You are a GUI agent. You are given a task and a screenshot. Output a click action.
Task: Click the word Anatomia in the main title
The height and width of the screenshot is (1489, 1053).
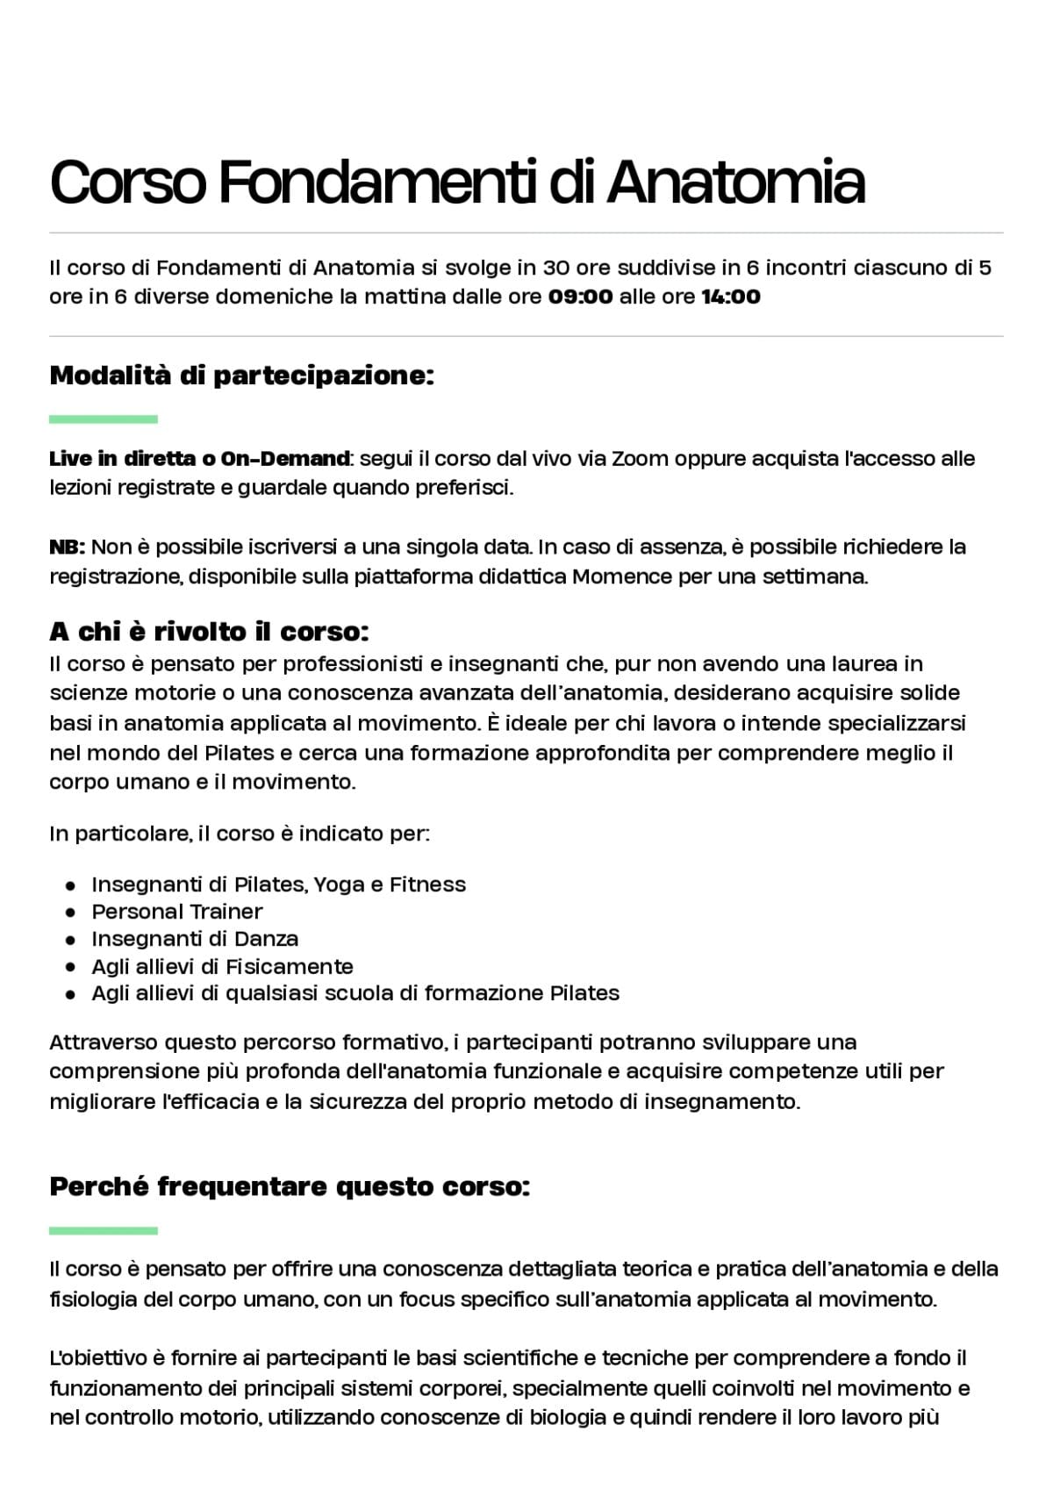[735, 183]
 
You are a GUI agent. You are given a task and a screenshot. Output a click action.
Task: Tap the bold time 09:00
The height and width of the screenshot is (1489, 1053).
[580, 297]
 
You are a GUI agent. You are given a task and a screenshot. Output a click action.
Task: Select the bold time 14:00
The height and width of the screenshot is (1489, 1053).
[730, 297]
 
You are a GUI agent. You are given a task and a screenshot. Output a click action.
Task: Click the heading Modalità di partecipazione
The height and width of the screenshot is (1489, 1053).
[242, 376]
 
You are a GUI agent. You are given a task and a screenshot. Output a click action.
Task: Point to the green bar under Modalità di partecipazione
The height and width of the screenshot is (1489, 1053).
[104, 419]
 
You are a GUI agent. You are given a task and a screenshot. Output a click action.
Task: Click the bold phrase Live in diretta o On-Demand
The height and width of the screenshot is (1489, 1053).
[200, 458]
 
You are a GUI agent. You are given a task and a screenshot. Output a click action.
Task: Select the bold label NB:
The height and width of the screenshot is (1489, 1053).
[67, 548]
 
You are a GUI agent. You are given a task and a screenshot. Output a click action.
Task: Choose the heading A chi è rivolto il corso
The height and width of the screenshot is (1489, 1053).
[209, 632]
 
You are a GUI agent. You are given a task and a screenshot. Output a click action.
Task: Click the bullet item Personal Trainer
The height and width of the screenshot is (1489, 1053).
[177, 912]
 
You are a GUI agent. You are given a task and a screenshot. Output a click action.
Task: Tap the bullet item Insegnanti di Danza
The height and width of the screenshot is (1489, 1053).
[195, 939]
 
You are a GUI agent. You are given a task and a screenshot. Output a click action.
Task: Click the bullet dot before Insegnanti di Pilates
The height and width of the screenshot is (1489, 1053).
[71, 885]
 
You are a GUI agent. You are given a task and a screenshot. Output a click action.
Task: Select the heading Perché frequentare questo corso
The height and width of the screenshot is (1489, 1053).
[290, 1187]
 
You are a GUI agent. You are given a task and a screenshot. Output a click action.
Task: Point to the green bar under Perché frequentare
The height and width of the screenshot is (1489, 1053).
[104, 1231]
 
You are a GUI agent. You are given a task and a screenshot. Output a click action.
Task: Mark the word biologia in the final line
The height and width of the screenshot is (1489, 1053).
[569, 1418]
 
